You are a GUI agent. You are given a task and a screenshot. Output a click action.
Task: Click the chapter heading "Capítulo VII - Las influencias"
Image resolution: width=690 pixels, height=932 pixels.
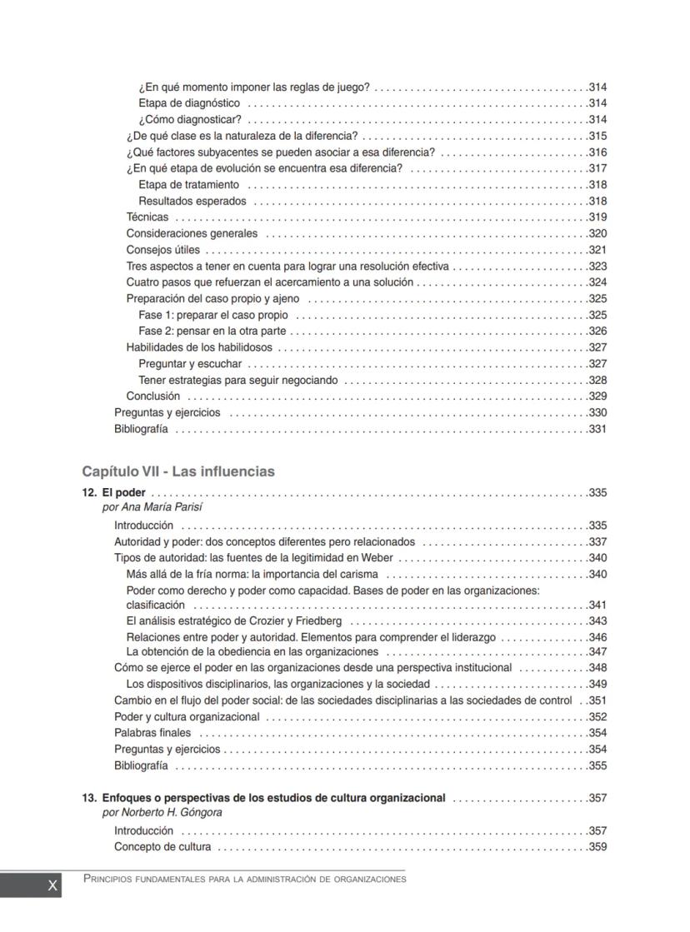pos(177,471)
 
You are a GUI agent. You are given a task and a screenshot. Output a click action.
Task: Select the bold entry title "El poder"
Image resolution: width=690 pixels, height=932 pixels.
pos(123,493)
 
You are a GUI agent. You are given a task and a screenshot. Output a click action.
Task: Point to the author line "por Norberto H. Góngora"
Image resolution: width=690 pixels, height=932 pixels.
pos(162,812)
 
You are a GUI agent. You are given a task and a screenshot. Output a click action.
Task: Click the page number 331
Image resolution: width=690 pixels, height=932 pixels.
pos(597,430)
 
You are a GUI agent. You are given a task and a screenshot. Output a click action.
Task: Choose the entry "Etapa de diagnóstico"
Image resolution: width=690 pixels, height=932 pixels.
pos(189,103)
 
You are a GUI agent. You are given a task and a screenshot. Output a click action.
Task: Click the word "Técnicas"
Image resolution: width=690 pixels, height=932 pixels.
pos(147,217)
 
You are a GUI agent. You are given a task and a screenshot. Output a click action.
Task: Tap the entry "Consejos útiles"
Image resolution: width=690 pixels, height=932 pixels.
pos(162,250)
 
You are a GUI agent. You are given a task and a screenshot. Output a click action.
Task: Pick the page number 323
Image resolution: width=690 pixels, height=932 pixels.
pos(597,267)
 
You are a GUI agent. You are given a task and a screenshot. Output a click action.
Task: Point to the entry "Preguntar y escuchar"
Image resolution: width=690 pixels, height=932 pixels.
pos(190,364)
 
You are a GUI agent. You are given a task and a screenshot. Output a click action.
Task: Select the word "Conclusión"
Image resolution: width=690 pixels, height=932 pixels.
pos(152,396)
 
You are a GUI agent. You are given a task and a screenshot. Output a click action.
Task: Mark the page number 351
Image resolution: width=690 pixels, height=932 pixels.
pos(597,700)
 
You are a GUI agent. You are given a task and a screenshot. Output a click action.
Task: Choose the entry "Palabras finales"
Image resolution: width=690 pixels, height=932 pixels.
pos(152,733)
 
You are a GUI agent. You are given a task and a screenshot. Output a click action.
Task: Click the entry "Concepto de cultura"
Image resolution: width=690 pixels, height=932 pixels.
pos(162,847)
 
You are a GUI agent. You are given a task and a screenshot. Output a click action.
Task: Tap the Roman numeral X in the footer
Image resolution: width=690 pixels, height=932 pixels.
pos(52,886)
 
